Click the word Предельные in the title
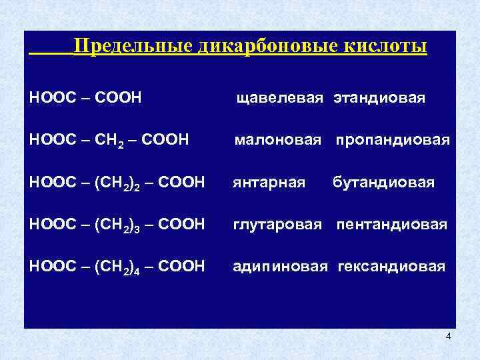(x=133, y=47)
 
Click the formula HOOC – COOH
(x=86, y=99)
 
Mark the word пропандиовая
(x=392, y=141)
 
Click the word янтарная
(x=269, y=183)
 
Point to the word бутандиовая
(x=383, y=183)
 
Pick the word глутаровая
(x=277, y=225)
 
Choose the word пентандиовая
(x=391, y=225)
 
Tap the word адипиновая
(x=279, y=267)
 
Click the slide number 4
(x=448, y=336)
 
